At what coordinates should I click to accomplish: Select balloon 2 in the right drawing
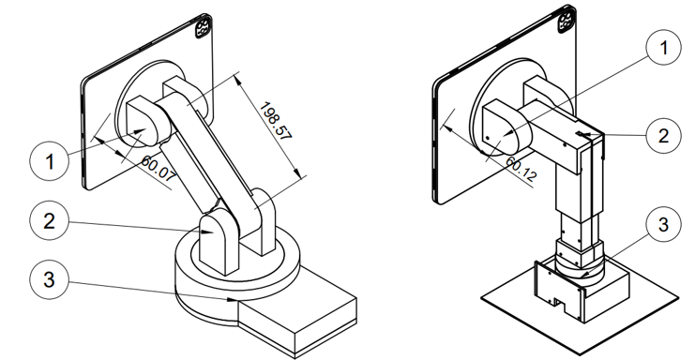(x=662, y=134)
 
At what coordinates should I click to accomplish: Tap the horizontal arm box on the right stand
(x=563, y=131)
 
